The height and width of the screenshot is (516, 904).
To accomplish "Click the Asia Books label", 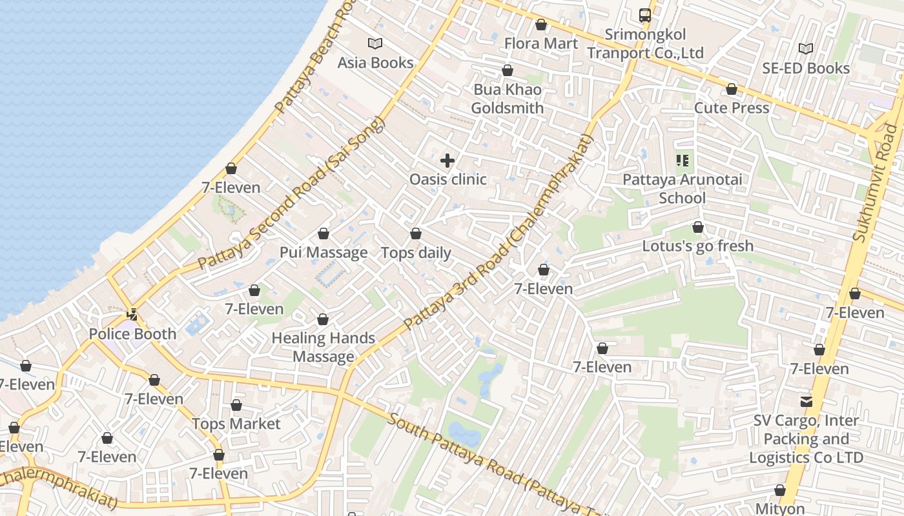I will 375,63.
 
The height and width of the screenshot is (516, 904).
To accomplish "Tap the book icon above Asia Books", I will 375,43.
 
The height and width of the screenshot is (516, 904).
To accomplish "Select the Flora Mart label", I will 541,43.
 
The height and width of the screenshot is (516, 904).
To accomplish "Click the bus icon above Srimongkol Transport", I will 644,15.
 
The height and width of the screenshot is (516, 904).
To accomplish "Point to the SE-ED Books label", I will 806,68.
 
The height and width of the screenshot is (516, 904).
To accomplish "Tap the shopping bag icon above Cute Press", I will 732,89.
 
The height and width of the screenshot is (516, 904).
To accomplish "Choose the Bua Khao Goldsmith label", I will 508,99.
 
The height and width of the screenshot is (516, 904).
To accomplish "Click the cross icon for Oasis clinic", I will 447,161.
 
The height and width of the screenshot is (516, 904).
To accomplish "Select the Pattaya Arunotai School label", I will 683,188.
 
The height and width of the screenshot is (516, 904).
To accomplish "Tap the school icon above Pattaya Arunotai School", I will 683,160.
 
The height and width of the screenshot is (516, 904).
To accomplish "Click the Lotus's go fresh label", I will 697,246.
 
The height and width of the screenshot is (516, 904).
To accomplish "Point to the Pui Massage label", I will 324,252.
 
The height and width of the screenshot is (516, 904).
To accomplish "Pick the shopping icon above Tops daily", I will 416,233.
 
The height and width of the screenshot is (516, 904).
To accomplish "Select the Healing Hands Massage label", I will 324,347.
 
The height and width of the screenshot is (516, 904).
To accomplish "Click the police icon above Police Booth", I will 132,315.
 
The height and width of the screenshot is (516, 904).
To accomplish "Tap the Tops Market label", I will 236,424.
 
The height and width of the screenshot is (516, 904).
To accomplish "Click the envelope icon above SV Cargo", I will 806,402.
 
